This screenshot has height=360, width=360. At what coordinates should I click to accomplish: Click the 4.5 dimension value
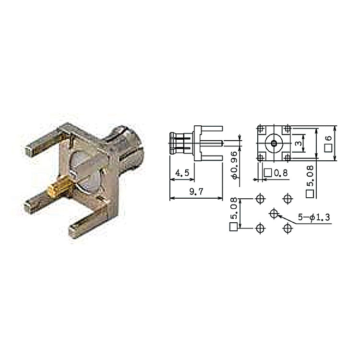182,173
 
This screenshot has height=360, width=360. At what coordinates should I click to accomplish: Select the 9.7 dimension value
196,192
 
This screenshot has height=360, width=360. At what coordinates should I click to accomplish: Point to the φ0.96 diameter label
234,165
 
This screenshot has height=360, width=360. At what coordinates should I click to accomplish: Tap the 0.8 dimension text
281,173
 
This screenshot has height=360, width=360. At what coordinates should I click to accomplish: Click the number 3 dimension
298,144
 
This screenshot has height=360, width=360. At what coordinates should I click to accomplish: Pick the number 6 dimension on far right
329,138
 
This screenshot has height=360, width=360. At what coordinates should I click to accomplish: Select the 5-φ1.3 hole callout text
314,217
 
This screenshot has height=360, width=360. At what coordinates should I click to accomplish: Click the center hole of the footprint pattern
274,214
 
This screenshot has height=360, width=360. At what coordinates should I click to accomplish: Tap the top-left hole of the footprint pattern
260,199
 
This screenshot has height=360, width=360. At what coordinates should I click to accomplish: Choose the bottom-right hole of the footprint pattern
288,228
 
